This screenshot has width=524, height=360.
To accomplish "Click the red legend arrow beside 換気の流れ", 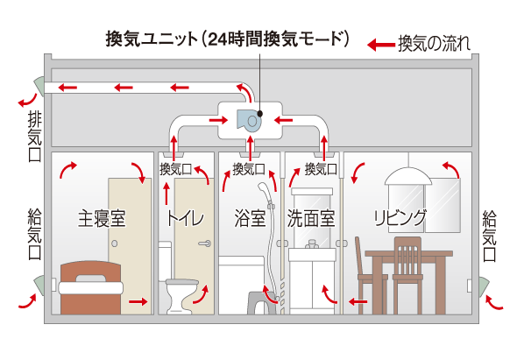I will pyautogui.click(x=379, y=44).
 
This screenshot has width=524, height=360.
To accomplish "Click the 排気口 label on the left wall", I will pyautogui.click(x=35, y=134).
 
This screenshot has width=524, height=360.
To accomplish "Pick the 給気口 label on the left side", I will pyautogui.click(x=35, y=235).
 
